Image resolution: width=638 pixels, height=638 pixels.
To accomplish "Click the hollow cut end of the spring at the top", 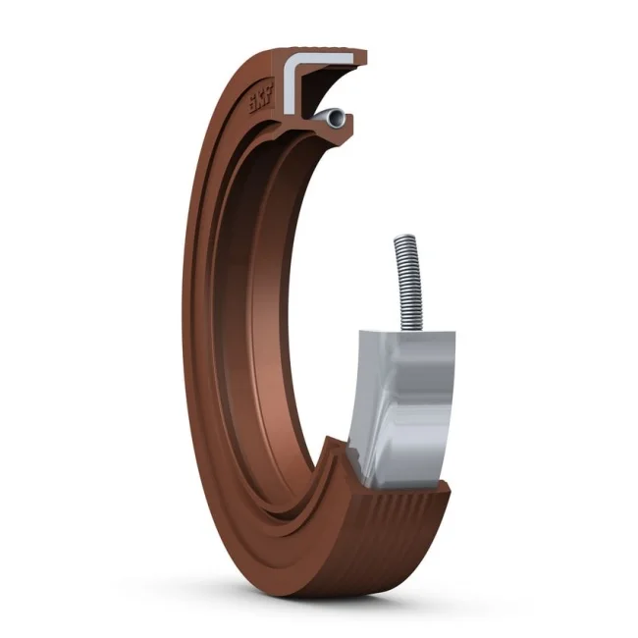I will [337, 118].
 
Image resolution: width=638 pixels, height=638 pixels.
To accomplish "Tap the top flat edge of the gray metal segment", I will [404, 335].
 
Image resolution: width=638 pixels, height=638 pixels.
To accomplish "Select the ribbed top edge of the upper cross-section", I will [324, 52].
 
